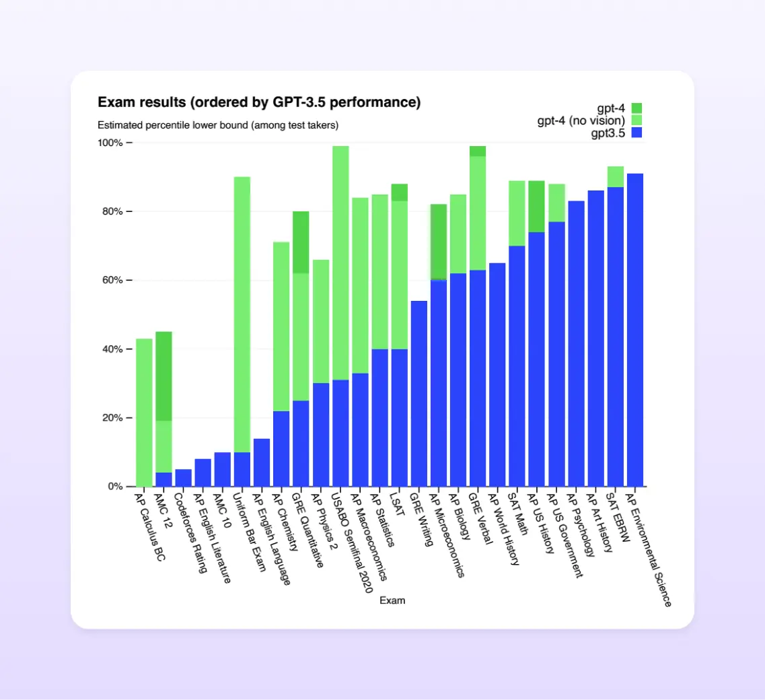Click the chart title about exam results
(x=259, y=102)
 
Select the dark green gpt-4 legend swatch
(x=636, y=108)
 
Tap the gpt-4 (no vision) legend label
(x=581, y=120)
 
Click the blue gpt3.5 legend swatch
(x=636, y=133)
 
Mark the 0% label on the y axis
(x=114, y=486)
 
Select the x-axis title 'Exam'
(x=392, y=600)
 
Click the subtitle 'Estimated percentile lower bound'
(x=218, y=125)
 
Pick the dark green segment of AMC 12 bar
(x=163, y=376)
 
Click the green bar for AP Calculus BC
(x=144, y=412)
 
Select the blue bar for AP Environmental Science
(x=634, y=330)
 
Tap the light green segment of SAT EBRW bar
(x=615, y=176)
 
